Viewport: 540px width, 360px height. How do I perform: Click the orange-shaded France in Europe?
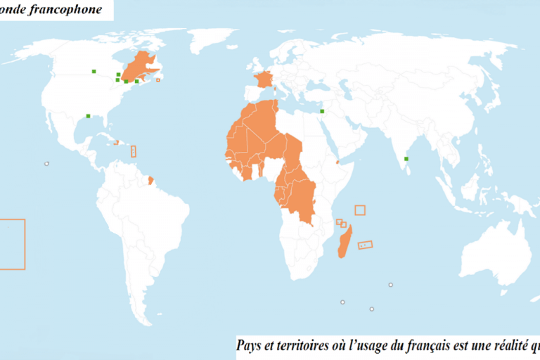point(264,79)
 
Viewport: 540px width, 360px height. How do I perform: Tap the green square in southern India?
point(407,159)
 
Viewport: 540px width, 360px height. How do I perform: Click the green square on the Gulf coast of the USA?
point(88,116)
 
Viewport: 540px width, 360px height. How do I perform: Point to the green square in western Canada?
point(93,70)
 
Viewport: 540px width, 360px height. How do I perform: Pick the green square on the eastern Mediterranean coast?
point(321,111)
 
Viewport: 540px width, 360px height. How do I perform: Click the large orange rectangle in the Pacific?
point(12,244)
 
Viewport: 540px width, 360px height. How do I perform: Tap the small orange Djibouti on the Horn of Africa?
point(338,162)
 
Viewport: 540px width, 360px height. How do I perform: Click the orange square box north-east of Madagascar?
point(360,210)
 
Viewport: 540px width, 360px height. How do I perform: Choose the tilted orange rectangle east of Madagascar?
point(365,245)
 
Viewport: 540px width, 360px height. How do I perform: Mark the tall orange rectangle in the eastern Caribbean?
point(134,150)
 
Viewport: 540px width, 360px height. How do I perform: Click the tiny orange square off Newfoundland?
point(157,79)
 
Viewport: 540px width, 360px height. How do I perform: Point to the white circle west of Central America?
point(46,164)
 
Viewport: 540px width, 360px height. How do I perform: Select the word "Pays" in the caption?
point(250,345)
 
